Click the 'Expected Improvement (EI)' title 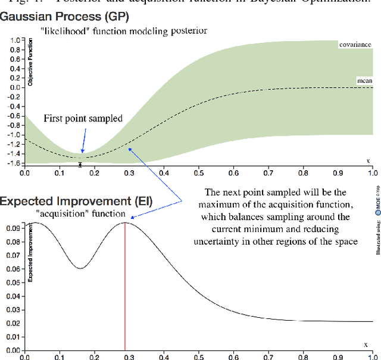click(x=76, y=202)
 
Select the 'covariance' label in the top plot click(x=355, y=45)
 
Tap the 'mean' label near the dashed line click(x=364, y=80)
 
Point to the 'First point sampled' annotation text click(x=83, y=118)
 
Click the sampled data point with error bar click(x=80, y=164)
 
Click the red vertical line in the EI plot click(x=125, y=286)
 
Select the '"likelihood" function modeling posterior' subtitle click(x=124, y=30)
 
